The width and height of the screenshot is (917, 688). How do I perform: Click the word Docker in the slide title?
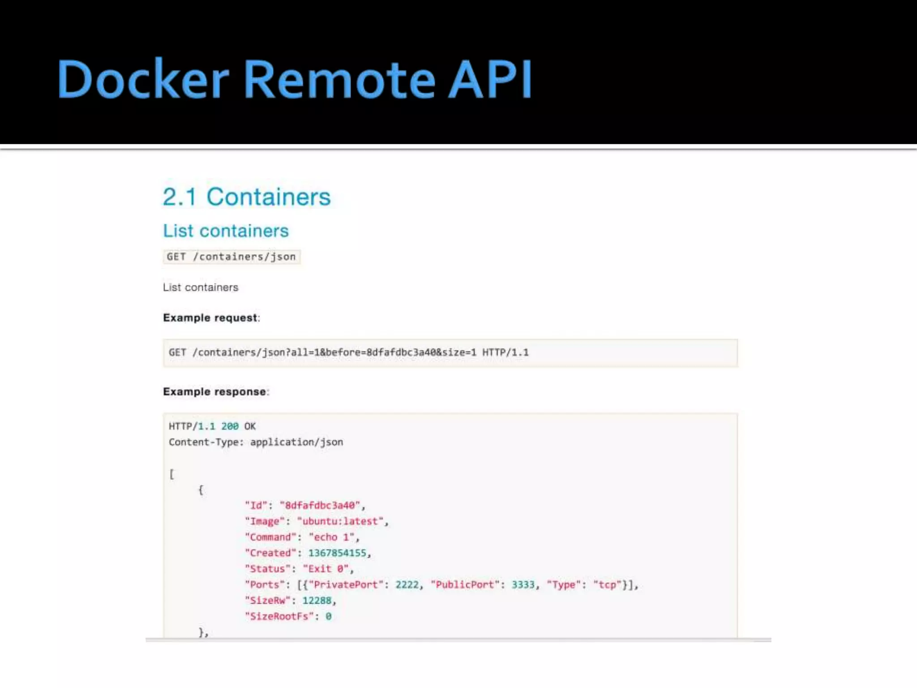point(143,79)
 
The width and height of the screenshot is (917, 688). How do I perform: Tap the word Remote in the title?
point(339,79)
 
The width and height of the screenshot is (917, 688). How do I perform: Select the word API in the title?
point(490,79)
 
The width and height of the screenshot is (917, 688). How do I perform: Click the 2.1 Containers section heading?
point(246,197)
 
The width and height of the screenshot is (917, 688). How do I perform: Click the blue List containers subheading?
point(226,231)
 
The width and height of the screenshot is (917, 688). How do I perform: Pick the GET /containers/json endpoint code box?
point(231,257)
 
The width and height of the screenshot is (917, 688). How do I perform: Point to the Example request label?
point(210,318)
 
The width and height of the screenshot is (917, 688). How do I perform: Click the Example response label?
point(215,392)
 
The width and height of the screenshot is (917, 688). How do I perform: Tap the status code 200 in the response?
point(230,426)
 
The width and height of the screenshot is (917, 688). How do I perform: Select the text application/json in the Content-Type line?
point(296,443)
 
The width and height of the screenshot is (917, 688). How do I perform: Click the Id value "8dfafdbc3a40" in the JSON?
point(320,506)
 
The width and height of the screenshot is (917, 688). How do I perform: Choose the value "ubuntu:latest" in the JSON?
point(340,522)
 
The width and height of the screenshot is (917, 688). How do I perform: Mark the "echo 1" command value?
point(332,537)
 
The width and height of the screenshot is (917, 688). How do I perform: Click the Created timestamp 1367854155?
point(337,553)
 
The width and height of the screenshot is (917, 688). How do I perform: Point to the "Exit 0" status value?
point(326,569)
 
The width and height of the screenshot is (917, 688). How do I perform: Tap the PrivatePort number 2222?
point(407,585)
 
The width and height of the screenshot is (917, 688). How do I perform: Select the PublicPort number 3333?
point(523,585)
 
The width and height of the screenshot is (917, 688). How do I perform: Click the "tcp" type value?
point(607,585)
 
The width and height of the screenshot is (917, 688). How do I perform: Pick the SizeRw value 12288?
point(317,601)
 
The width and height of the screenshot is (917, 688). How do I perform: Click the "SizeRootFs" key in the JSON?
point(279,617)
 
